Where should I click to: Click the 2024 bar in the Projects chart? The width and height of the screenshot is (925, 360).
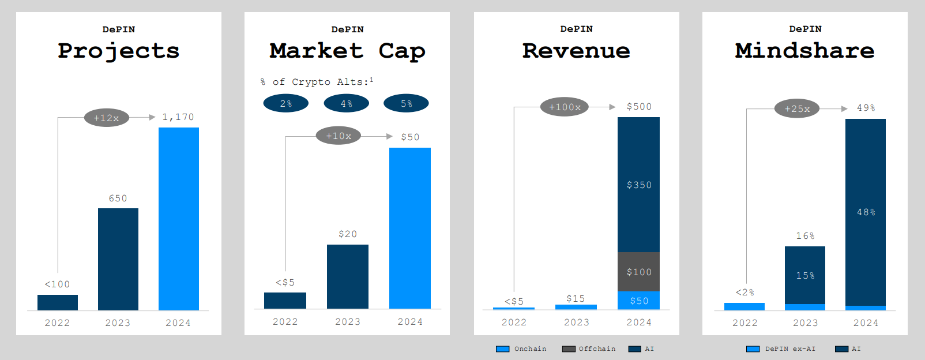(x=179, y=219)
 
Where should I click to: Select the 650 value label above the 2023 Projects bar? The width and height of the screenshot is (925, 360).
(x=118, y=198)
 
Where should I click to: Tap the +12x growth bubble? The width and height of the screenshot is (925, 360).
(x=107, y=118)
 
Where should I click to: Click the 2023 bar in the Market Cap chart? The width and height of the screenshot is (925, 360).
(x=348, y=277)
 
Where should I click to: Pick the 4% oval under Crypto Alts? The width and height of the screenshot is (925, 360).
(x=347, y=104)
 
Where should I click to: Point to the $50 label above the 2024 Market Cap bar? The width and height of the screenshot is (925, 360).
(x=410, y=137)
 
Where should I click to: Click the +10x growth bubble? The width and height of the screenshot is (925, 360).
(x=339, y=136)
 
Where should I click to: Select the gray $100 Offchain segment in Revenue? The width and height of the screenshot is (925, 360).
(x=638, y=272)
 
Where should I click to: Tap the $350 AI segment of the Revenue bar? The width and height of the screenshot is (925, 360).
(x=638, y=185)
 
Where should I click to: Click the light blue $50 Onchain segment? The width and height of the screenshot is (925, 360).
(x=638, y=301)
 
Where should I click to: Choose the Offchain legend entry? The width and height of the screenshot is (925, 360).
(x=589, y=349)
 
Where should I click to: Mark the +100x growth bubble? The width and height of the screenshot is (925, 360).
(x=565, y=107)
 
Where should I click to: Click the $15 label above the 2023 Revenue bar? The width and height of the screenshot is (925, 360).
(x=576, y=299)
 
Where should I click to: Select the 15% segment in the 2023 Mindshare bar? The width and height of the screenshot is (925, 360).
(x=805, y=276)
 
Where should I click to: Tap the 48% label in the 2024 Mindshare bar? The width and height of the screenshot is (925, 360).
(x=866, y=212)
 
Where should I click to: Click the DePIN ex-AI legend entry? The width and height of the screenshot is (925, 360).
(x=781, y=349)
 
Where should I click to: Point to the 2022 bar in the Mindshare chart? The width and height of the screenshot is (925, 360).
(x=744, y=306)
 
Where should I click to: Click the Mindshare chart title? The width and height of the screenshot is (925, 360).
(x=805, y=51)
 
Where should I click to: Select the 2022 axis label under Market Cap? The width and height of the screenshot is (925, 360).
(x=285, y=322)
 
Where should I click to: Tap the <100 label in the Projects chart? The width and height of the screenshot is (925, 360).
(x=58, y=284)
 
